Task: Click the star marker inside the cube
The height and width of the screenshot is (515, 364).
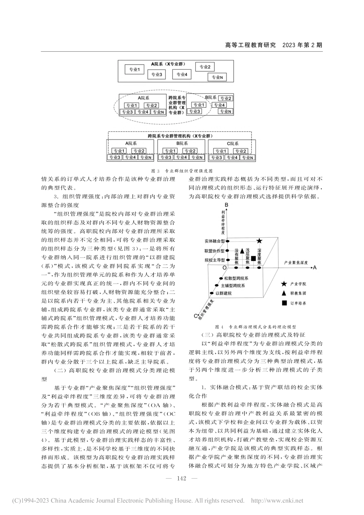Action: (259, 241)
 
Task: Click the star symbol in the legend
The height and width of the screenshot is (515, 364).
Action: (284, 284)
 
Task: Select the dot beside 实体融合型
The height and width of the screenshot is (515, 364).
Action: (228, 241)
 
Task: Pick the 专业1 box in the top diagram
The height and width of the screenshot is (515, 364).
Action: (133, 70)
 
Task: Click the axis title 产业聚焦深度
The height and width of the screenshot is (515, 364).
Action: (296, 262)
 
